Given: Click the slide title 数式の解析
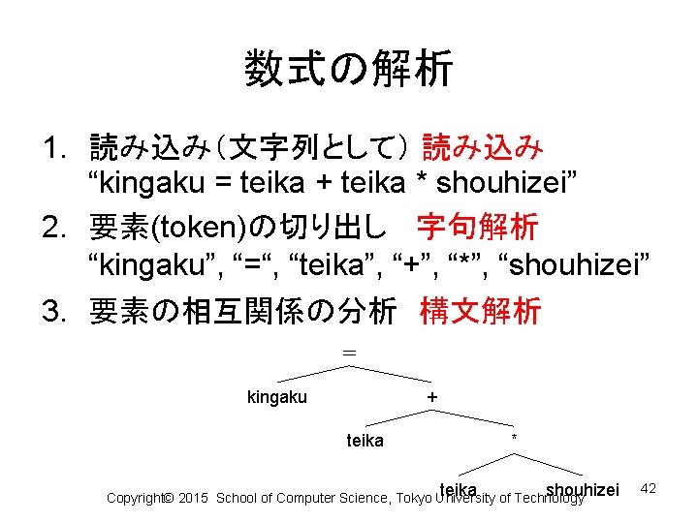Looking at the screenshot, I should pyautogui.click(x=348, y=70).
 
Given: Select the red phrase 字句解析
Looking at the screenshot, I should pyautogui.click(x=477, y=228).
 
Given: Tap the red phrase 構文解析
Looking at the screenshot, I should pyautogui.click(x=480, y=311).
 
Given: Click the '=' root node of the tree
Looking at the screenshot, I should pyautogui.click(x=349, y=354).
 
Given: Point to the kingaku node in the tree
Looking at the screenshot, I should pyautogui.click(x=277, y=397).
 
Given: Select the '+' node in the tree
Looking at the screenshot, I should pyautogui.click(x=432, y=397).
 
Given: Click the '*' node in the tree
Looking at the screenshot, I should pyautogui.click(x=514, y=440).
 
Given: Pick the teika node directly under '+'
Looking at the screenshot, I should pyautogui.click(x=365, y=441).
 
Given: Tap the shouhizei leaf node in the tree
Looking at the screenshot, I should pyautogui.click(x=582, y=489).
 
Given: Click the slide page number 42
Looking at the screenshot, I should pyautogui.click(x=649, y=489).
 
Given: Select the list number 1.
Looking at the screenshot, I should pyautogui.click(x=53, y=149).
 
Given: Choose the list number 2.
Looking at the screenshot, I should pyautogui.click(x=53, y=229).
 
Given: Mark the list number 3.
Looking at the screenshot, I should pyautogui.click(x=53, y=312).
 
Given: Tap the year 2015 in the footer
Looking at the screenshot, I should pyautogui.click(x=195, y=498).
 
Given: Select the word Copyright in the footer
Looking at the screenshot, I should pyautogui.click(x=134, y=498).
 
